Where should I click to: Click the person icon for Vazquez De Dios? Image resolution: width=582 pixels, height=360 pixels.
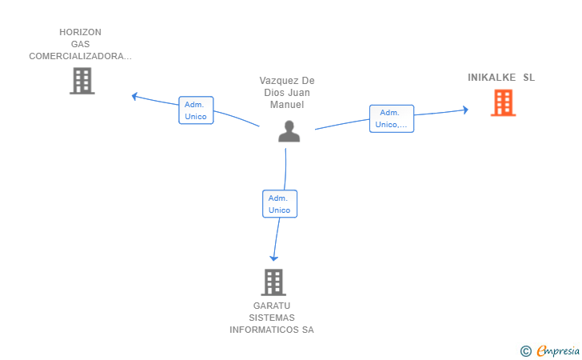(289, 131)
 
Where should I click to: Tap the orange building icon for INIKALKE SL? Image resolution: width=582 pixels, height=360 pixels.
(504, 103)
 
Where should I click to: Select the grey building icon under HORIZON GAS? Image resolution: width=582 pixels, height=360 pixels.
(82, 81)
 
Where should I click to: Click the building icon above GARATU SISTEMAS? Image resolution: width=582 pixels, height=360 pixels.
(273, 282)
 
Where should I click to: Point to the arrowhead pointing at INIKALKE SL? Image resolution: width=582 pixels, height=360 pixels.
(465, 110)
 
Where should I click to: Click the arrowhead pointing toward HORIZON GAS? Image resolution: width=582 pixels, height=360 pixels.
(135, 96)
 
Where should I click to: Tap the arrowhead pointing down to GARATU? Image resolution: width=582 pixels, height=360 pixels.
(274, 258)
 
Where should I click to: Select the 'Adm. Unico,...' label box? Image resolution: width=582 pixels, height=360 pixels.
(392, 118)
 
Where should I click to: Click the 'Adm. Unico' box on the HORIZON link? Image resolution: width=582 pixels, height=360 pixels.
(196, 110)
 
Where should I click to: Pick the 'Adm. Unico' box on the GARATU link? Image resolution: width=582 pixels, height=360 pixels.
(280, 204)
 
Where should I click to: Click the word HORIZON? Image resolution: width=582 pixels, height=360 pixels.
(80, 32)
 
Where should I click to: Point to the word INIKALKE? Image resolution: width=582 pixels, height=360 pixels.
(492, 78)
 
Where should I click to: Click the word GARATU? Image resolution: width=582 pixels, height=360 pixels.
(272, 306)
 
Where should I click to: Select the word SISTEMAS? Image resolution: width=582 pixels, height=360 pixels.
(272, 318)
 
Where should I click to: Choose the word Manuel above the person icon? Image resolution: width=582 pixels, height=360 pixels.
(287, 105)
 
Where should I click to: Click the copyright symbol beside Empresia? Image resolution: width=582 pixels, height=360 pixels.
(526, 350)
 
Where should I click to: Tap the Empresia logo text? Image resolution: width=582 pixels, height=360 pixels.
(558, 350)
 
